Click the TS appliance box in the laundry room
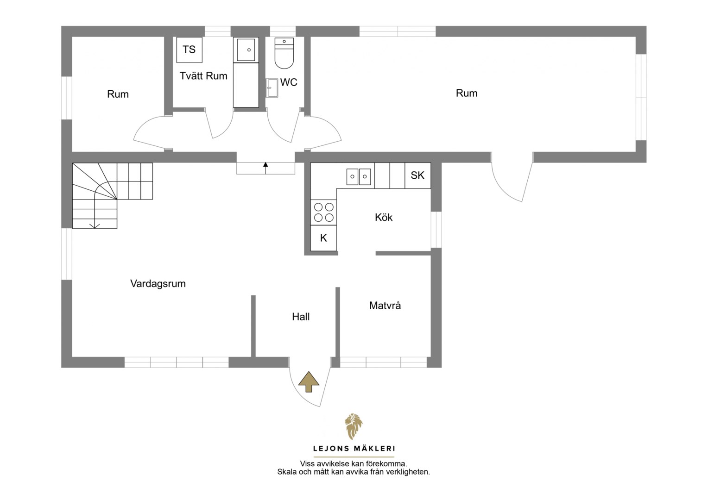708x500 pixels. point(190,50)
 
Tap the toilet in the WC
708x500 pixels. point(284,53)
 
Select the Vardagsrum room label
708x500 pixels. point(158,283)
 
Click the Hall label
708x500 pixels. point(301,317)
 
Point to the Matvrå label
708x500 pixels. point(385,306)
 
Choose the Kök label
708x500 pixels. point(384,217)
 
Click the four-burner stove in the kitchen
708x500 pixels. point(323,212)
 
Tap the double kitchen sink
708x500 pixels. point(359,176)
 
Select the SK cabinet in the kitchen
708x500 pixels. point(417,175)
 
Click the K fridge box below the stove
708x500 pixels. point(323,238)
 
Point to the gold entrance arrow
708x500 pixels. point(309,381)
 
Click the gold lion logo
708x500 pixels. point(354,426)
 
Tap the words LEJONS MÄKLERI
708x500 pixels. point(354,449)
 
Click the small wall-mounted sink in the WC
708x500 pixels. point(272,88)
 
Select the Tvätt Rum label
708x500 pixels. point(203,76)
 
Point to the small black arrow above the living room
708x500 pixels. point(265,168)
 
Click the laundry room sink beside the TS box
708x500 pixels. point(246,50)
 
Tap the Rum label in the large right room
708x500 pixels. point(467,93)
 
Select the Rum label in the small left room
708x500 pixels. point(118,94)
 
